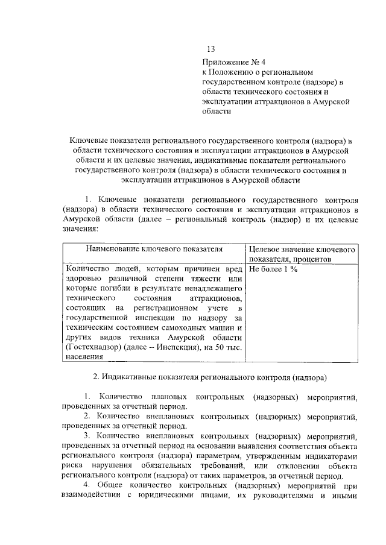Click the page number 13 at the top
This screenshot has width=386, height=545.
210,49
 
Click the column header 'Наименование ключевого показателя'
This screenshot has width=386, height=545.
154,248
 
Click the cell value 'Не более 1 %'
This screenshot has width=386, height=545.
274,269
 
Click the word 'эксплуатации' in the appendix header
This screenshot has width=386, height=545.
227,102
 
